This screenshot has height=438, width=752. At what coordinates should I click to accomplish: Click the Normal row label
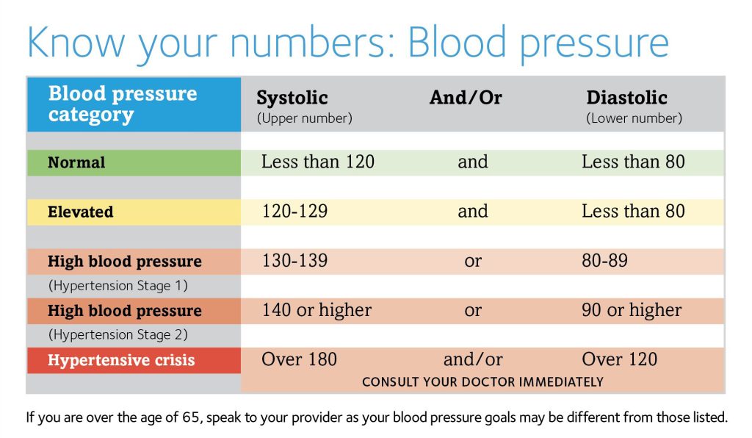76,162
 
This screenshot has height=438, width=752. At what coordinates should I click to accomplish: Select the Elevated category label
80,212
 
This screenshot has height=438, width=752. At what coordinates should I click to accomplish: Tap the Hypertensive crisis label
121,361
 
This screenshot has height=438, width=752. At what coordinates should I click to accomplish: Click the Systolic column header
292,98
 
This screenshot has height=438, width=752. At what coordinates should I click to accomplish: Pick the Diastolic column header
626,98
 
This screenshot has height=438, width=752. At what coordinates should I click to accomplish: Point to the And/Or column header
466,98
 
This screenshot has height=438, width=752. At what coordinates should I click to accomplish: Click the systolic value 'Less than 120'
317,162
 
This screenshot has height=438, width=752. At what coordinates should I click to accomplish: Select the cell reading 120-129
294,211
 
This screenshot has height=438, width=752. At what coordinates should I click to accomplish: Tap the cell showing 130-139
294,261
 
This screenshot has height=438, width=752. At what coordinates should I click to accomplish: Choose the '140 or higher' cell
317,310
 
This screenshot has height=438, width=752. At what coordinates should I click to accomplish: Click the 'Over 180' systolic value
299,359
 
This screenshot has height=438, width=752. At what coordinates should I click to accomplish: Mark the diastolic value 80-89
604,261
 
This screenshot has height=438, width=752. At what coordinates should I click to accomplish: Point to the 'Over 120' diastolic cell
619,359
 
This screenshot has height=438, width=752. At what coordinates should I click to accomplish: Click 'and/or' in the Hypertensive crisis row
473,359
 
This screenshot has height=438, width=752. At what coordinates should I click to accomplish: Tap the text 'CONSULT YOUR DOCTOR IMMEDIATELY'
482,382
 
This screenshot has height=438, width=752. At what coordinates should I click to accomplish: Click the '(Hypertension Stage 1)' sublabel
117,285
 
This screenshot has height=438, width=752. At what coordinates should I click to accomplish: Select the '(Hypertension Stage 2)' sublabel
117,334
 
